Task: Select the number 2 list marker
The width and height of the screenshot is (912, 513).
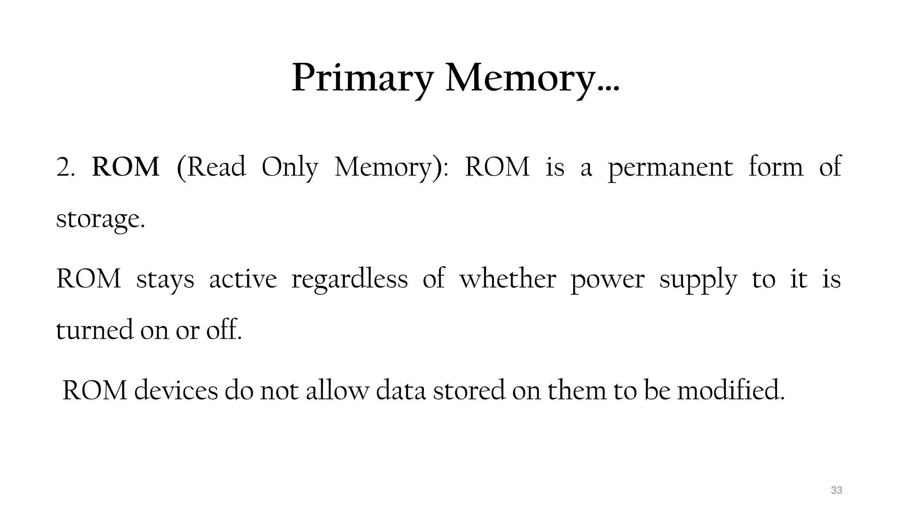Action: pos(65,168)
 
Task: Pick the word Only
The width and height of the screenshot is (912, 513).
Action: pos(289,168)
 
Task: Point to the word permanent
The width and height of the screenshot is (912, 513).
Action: pos(670,168)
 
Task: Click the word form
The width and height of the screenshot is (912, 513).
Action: pos(776,167)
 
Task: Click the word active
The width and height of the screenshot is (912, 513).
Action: pos(243,279)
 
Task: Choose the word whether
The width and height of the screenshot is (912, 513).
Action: pos(508,279)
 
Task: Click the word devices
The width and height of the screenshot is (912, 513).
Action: pos(176,390)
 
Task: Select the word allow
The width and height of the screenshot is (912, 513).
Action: pos(337,390)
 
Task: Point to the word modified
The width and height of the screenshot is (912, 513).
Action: pos(730,390)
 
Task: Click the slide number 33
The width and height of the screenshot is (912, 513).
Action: pos(836,490)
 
